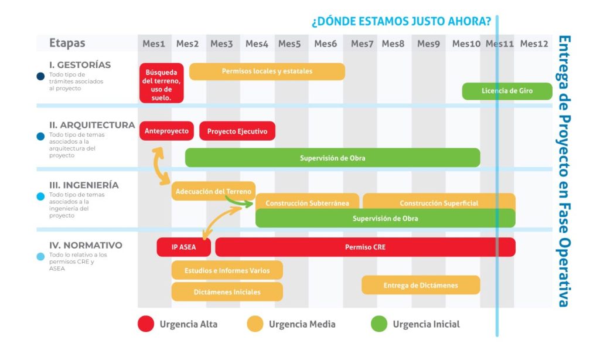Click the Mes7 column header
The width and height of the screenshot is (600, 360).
point(362,44)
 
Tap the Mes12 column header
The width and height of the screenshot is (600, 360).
point(534,44)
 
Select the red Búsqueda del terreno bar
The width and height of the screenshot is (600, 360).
point(162,83)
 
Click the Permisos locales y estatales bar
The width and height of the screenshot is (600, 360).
point(267,72)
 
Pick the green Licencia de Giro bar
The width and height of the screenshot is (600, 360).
point(507,91)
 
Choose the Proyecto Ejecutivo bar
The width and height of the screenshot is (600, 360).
point(237,131)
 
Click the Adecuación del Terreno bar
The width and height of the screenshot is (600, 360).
point(213,191)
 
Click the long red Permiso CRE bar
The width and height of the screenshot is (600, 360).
point(365,247)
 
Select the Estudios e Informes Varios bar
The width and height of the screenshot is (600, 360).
point(227,270)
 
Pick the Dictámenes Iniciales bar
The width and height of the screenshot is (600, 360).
point(227,291)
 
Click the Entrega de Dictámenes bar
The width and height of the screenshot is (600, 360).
point(421,286)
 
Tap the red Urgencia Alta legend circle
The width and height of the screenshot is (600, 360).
point(146,324)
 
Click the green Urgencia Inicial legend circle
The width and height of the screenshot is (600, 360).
point(380,324)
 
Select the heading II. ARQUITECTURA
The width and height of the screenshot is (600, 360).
point(92,125)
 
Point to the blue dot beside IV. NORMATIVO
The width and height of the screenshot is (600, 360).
point(40,257)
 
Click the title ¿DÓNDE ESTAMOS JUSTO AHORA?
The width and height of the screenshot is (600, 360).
point(401,22)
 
